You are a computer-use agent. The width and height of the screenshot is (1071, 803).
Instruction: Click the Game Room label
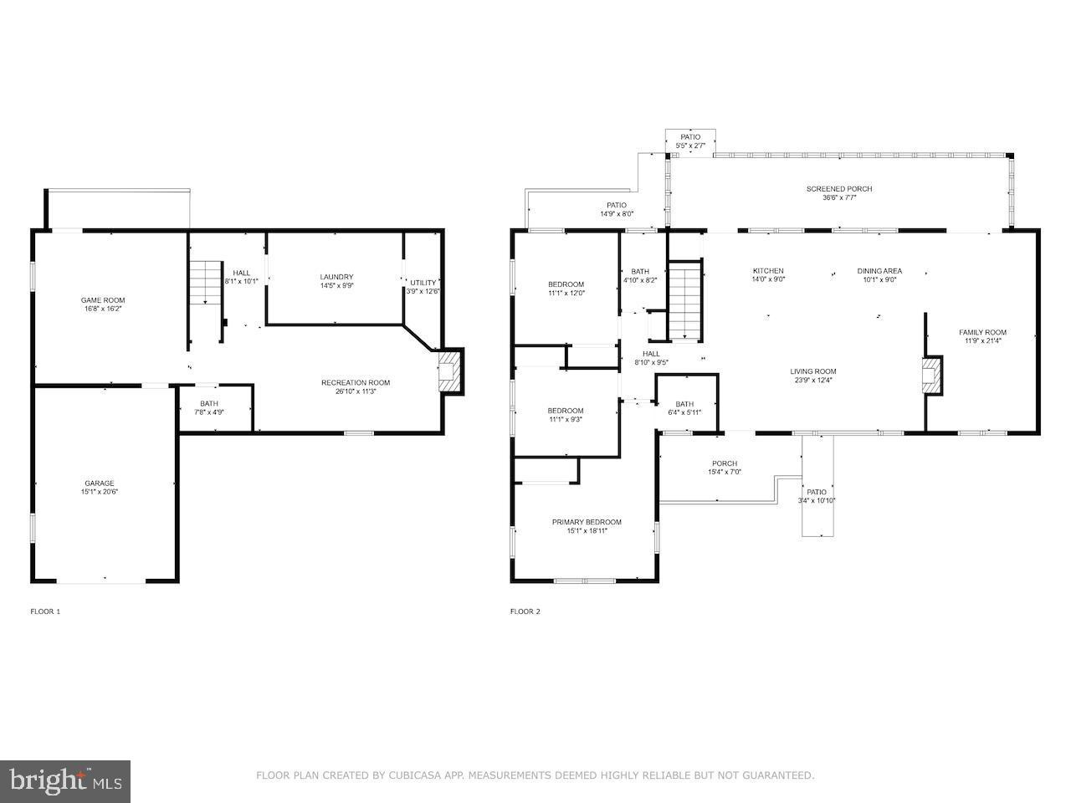pyautogui.click(x=103, y=300)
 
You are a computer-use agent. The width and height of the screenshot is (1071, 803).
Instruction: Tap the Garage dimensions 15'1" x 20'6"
pyautogui.click(x=100, y=492)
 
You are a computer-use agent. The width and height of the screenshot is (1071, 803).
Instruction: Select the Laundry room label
pyautogui.click(x=336, y=277)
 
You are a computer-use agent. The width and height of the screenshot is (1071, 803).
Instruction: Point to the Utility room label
pyautogui.click(x=423, y=283)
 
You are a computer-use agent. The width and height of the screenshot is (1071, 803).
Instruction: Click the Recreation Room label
pyautogui.click(x=356, y=383)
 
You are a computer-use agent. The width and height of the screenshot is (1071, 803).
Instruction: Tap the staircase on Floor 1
pyautogui.click(x=206, y=282)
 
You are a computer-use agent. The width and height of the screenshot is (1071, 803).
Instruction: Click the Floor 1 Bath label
pyautogui.click(x=209, y=404)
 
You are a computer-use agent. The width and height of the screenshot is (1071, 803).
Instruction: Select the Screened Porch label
pyautogui.click(x=839, y=189)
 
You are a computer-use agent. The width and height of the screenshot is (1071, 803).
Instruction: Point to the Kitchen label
pyautogui.click(x=768, y=271)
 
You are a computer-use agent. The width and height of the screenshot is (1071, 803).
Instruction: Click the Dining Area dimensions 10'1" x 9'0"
pyautogui.click(x=879, y=280)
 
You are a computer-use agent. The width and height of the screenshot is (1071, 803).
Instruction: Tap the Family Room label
pyautogui.click(x=982, y=333)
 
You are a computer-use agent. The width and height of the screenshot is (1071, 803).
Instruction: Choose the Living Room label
pyautogui.click(x=813, y=371)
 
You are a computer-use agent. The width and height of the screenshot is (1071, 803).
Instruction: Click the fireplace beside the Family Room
pyautogui.click(x=931, y=376)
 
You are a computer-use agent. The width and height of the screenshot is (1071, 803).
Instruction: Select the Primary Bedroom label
pyautogui.click(x=587, y=522)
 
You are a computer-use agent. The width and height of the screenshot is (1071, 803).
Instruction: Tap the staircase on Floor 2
pyautogui.click(x=685, y=299)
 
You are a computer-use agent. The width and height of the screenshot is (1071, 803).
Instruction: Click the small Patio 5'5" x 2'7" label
pyautogui.click(x=690, y=141)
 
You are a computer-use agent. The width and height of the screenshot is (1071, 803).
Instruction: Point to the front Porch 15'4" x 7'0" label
pyautogui.click(x=725, y=468)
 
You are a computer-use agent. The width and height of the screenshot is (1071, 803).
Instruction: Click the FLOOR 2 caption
pyautogui.click(x=525, y=611)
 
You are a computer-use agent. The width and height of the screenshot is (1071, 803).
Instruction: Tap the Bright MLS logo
pyautogui.click(x=65, y=781)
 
